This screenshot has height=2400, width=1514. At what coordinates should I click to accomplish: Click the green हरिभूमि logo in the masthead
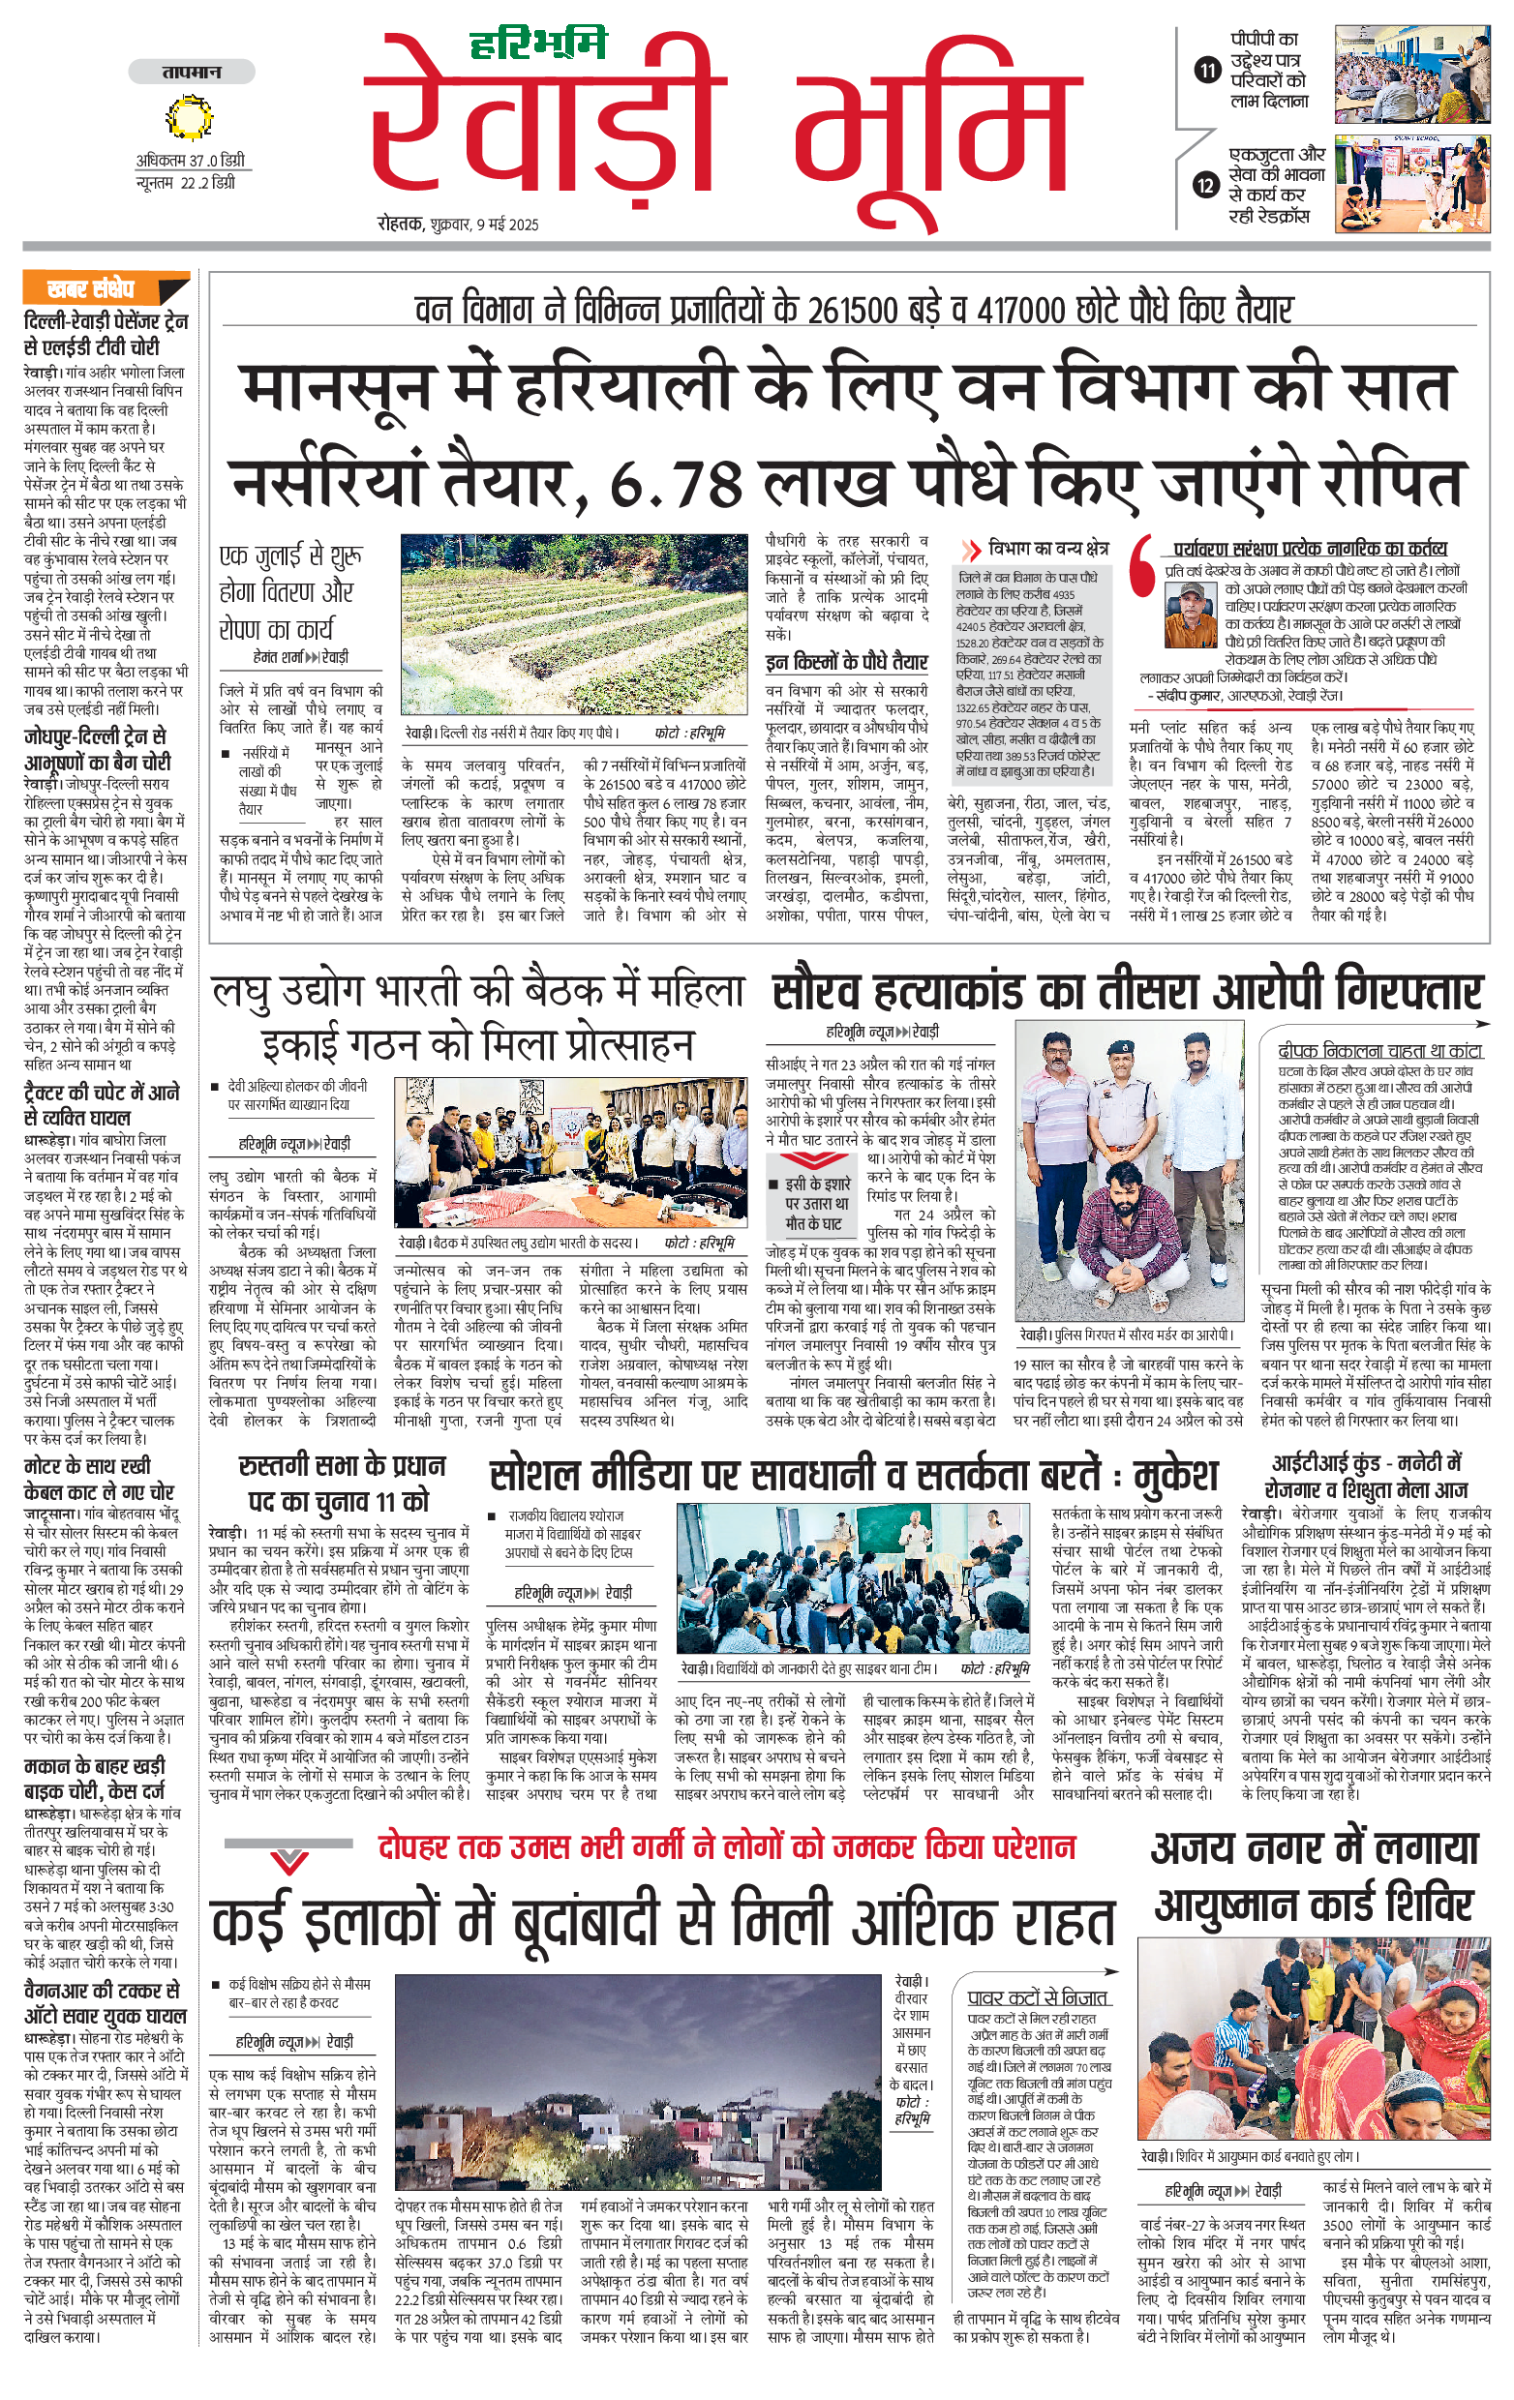(x=538, y=44)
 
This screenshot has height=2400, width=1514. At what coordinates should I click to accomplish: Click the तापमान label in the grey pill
(x=192, y=72)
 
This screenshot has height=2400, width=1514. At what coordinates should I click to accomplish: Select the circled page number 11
(x=1207, y=70)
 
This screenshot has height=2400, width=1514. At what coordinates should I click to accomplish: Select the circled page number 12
(x=1207, y=185)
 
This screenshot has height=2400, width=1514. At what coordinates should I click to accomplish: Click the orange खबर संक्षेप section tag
(x=92, y=290)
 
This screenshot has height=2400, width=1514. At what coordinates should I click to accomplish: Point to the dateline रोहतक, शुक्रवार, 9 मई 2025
(x=458, y=225)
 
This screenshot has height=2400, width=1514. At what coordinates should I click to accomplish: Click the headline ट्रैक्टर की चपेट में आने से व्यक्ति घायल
(x=102, y=1104)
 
